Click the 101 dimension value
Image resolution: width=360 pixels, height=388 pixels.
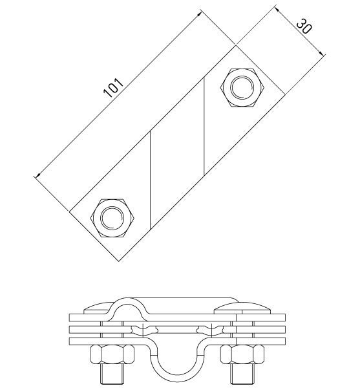pyautogui.click(x=113, y=88)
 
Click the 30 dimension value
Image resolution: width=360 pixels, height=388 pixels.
pyautogui.click(x=304, y=26)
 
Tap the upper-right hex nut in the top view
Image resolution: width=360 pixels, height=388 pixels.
pyautogui.click(x=242, y=87)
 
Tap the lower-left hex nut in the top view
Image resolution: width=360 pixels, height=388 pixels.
pyautogui.click(x=112, y=218)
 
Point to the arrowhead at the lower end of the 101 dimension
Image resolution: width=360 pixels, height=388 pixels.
pyautogui.click(x=37, y=175)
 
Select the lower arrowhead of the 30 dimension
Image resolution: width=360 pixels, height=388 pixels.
pyautogui.click(x=321, y=53)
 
